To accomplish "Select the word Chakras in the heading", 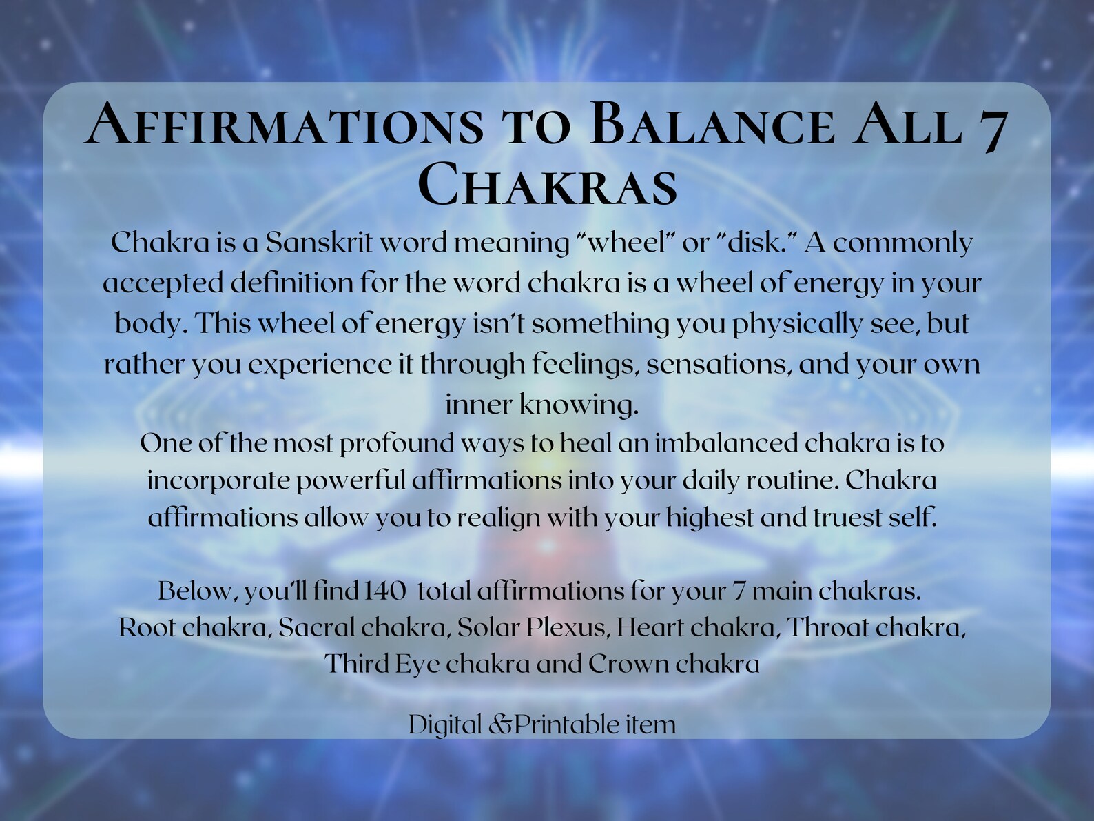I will (x=548, y=185).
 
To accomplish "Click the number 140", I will (x=386, y=591).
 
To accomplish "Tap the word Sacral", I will (x=317, y=627).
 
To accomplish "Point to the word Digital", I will (x=445, y=724).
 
